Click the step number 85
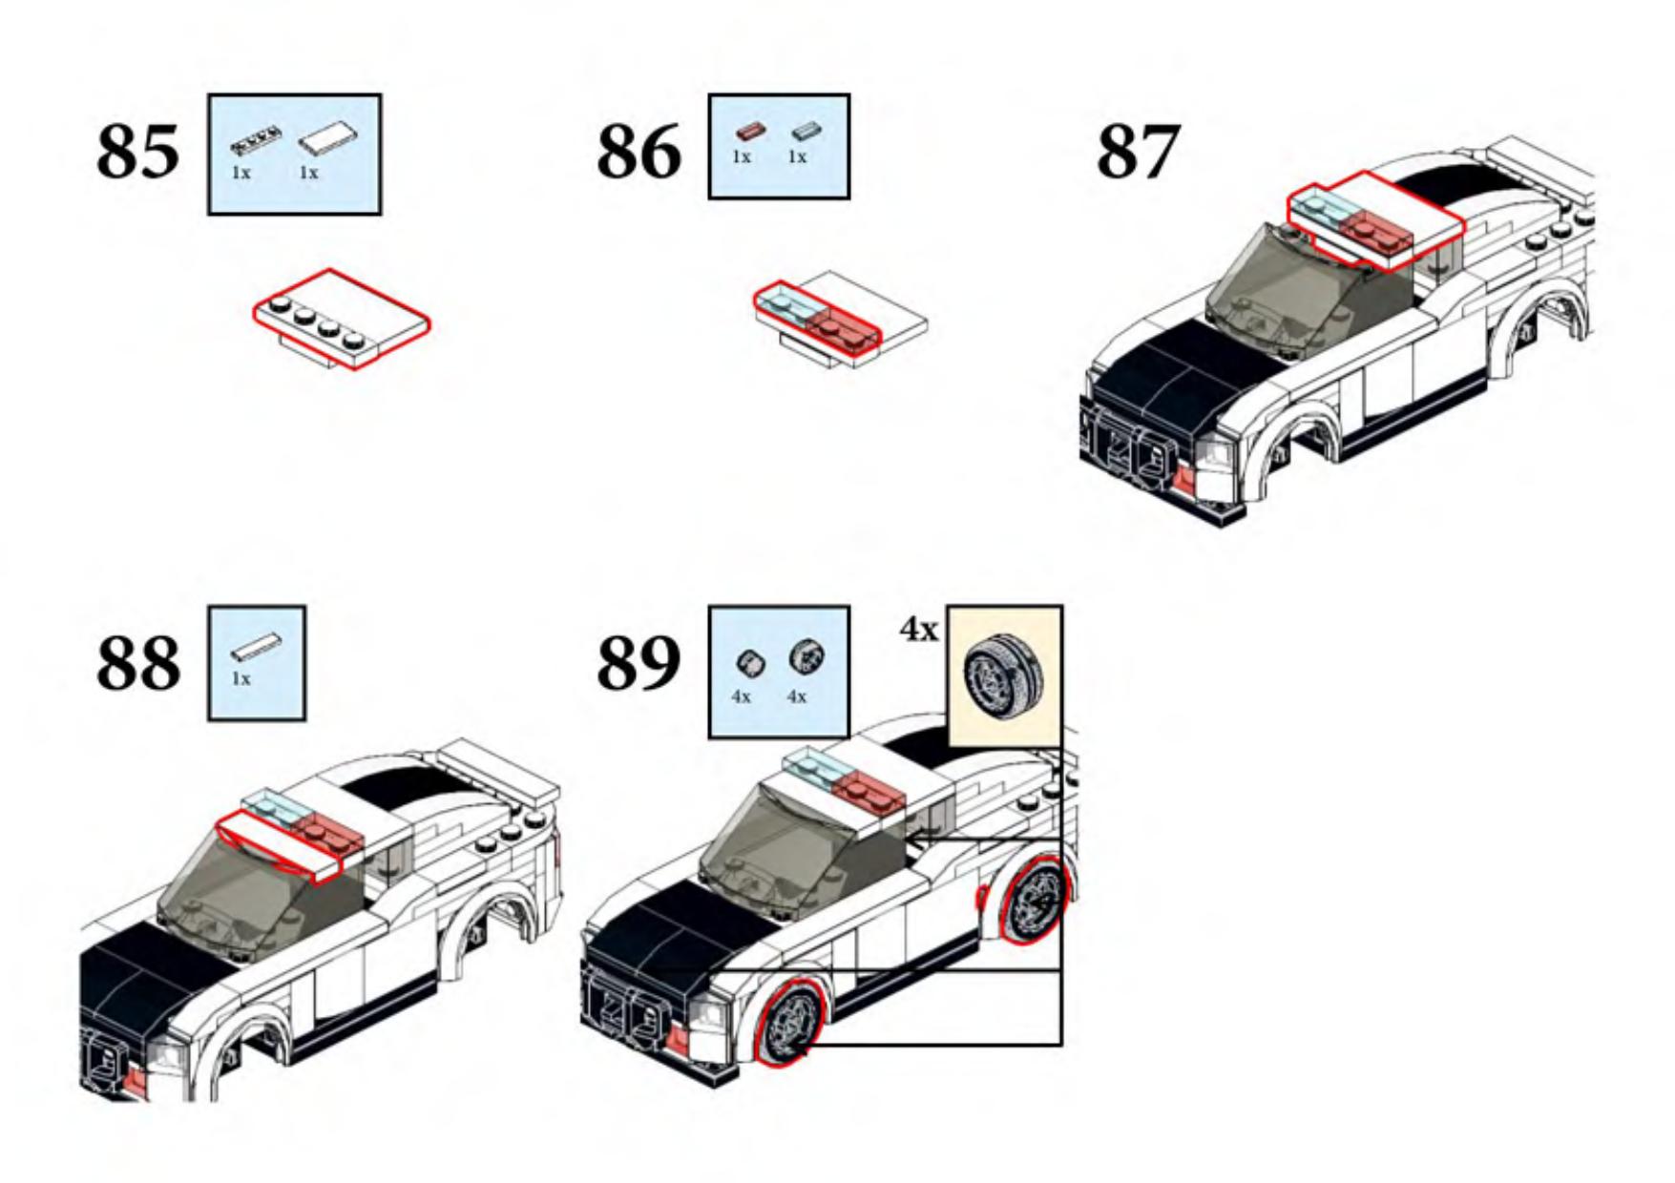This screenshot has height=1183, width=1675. [137, 151]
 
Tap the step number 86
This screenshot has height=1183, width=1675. [639, 151]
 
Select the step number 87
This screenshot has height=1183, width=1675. [1137, 151]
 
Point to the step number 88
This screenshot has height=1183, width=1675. [137, 662]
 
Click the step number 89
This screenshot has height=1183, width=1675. [639, 662]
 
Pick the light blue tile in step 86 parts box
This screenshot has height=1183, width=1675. [805, 131]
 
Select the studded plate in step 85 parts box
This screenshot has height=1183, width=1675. [256, 143]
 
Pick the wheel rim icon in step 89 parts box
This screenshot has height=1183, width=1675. [806, 656]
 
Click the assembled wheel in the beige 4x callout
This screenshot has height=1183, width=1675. [1005, 676]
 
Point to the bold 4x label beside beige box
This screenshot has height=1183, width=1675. [919, 630]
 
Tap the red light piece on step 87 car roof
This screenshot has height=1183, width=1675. [1374, 227]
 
